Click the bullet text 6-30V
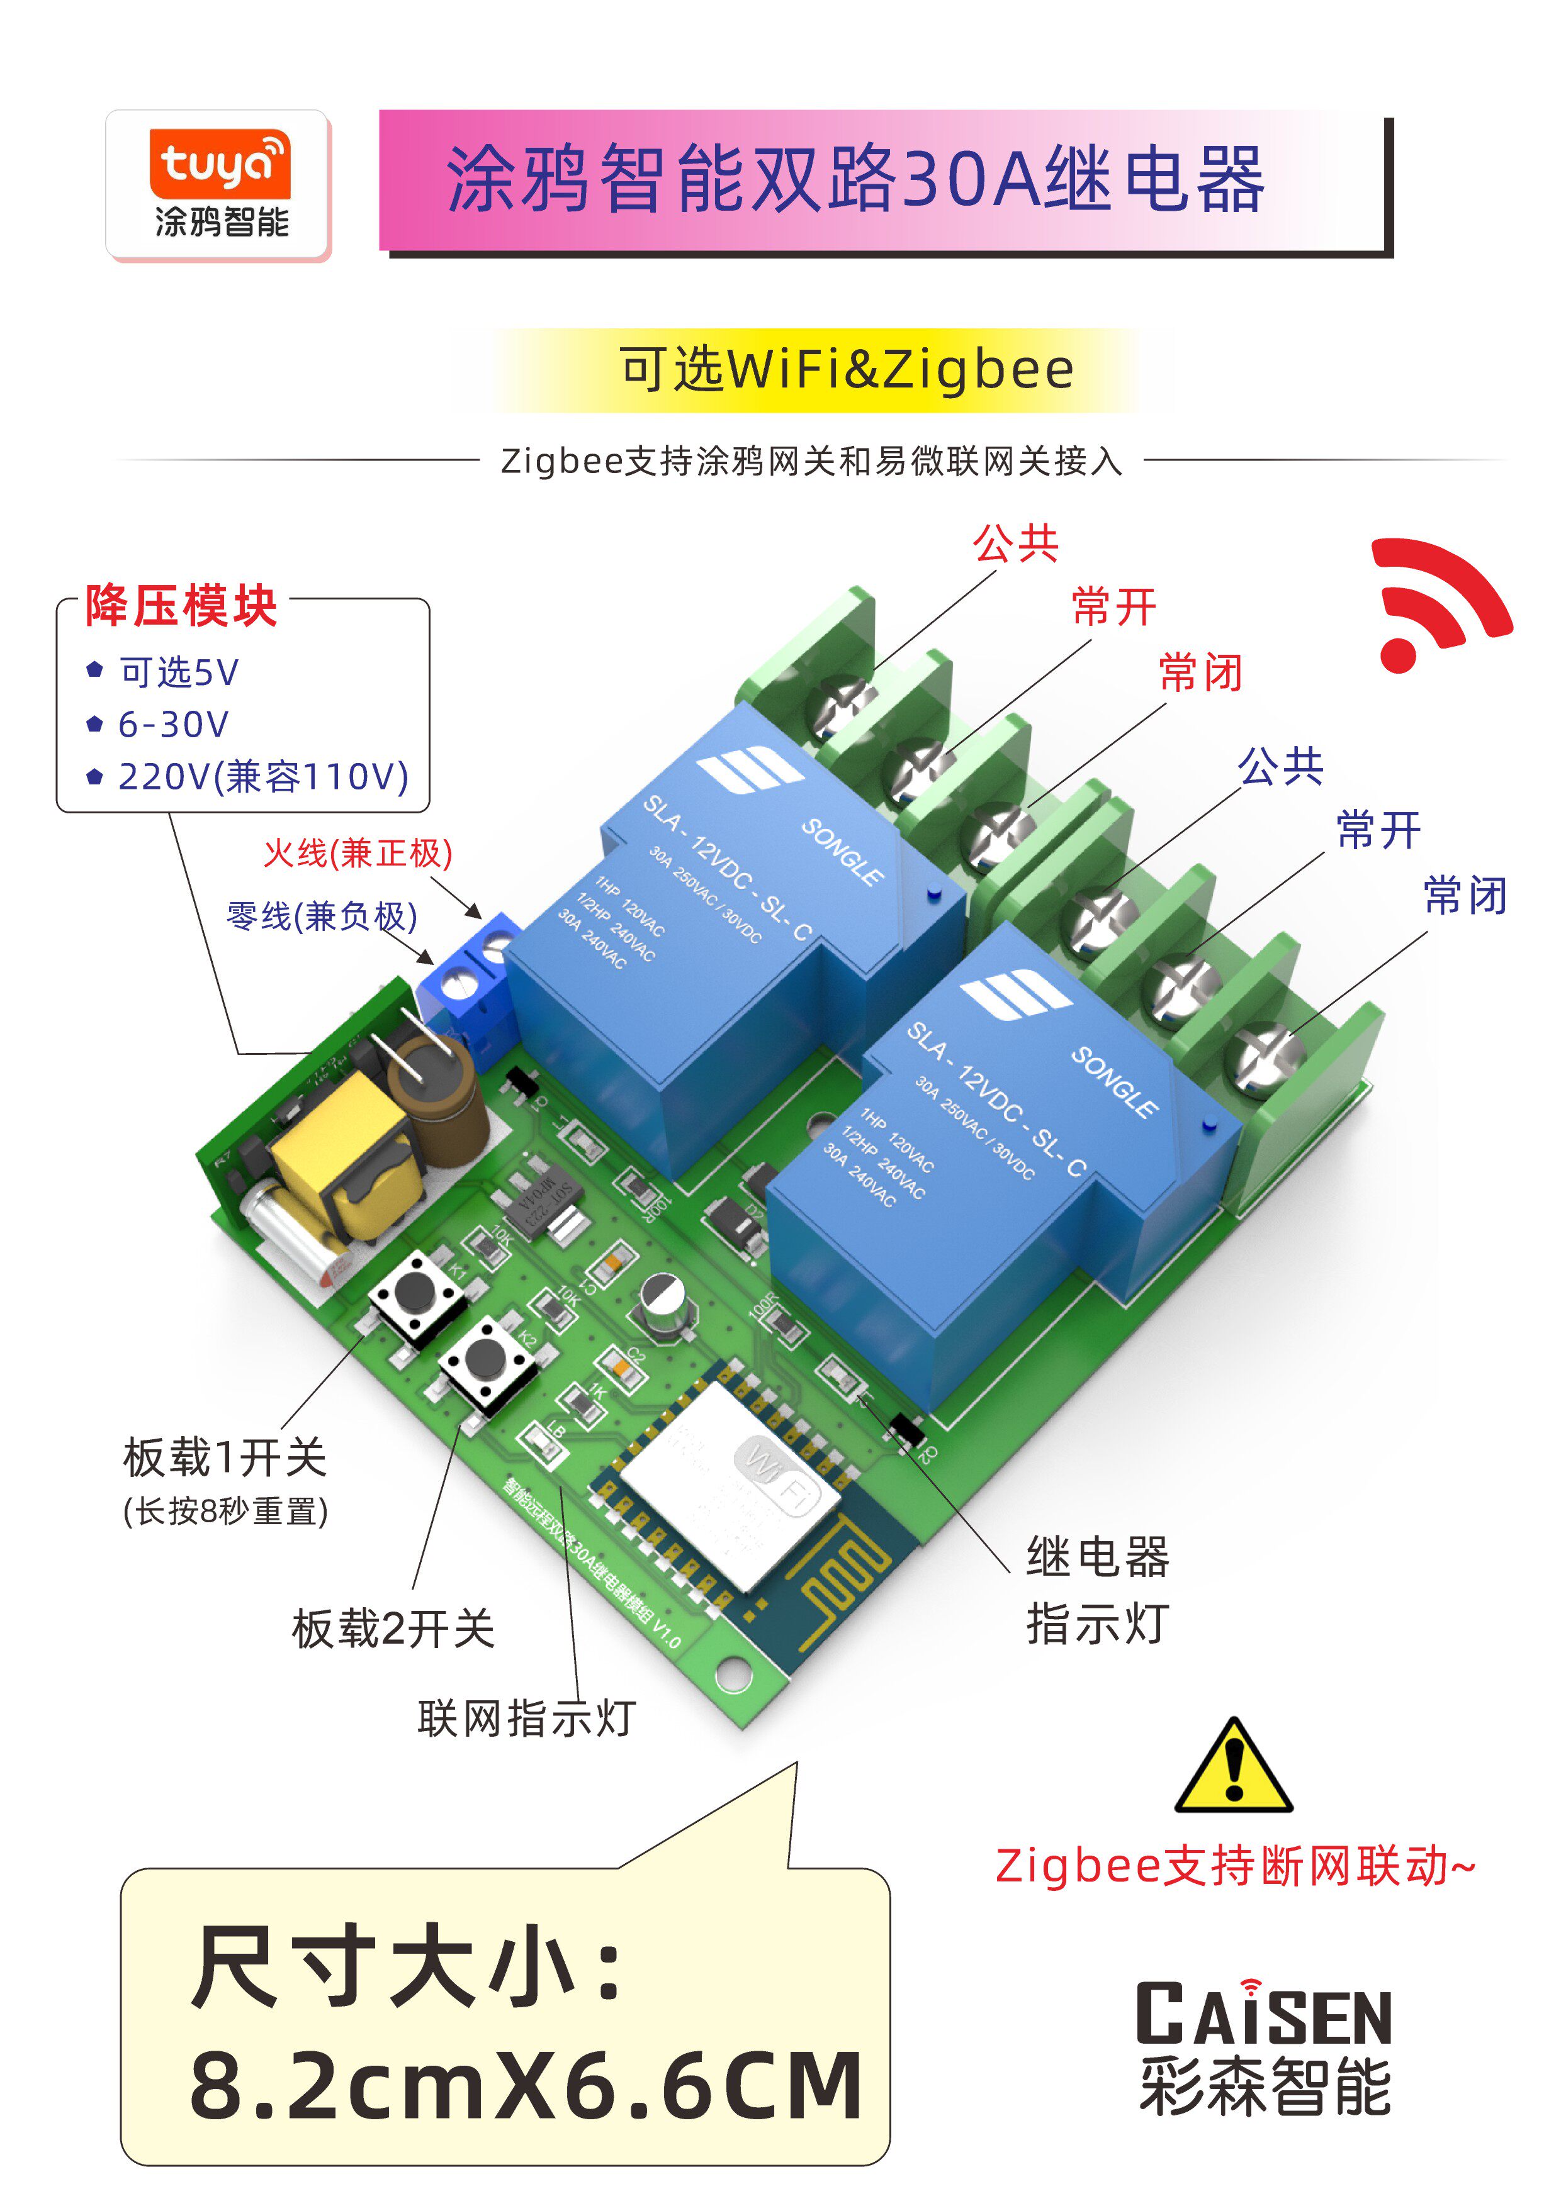173,725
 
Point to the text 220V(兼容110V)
263,776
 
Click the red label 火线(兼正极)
358,852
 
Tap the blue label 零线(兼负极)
322,916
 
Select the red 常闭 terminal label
1200,672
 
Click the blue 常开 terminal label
1378,829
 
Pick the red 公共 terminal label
1015,544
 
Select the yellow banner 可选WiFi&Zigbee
846,370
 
